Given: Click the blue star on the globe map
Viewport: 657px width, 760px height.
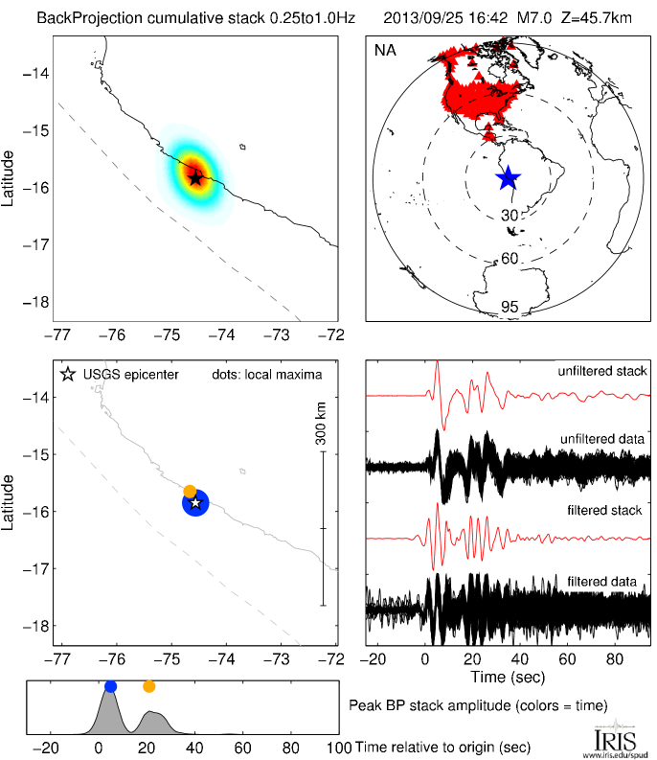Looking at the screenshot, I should click(x=508, y=177).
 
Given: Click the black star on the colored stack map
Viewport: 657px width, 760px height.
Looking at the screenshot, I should click(x=195, y=177).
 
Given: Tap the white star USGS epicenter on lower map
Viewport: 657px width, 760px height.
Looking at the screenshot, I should click(x=195, y=502).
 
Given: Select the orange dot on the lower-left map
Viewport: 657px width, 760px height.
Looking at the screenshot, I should click(x=190, y=491).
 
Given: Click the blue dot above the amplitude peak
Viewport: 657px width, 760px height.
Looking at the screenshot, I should click(x=110, y=686).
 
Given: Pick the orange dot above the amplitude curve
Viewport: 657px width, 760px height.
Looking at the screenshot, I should click(x=148, y=686).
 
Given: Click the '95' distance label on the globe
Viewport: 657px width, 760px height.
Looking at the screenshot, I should click(x=510, y=307).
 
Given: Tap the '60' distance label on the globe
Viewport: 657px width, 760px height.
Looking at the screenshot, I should click(x=510, y=259).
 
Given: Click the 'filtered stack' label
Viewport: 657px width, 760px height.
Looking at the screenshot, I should click(x=607, y=511).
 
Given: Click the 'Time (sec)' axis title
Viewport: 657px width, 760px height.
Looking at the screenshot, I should click(x=509, y=678).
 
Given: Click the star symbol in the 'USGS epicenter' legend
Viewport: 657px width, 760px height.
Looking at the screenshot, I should click(x=67, y=374).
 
